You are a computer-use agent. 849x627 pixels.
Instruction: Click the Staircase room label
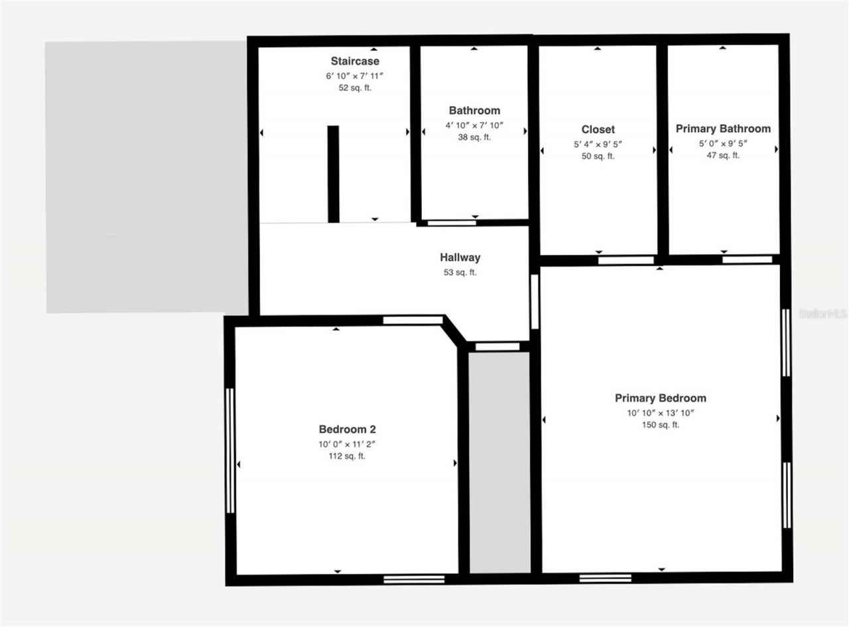click(355, 61)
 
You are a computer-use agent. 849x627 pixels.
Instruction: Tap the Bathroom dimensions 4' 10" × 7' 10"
click(474, 125)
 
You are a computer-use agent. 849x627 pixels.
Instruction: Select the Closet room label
click(598, 129)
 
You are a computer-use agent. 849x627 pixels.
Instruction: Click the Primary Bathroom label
click(723, 129)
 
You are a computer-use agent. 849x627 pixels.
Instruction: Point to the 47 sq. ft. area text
click(723, 155)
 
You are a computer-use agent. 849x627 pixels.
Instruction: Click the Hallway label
click(460, 257)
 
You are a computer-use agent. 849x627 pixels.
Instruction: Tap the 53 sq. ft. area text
click(460, 272)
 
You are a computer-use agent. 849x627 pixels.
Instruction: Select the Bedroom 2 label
click(347, 429)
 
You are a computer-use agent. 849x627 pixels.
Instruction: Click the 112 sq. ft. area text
click(347, 456)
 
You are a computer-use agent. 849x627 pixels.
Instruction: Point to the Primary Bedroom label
click(660, 398)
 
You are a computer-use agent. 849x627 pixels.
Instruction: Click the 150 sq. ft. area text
click(660, 425)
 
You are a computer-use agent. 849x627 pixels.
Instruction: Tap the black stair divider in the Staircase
click(333, 174)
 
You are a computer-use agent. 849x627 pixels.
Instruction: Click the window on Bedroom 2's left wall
click(230, 451)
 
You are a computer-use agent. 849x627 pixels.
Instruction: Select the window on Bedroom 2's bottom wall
click(414, 579)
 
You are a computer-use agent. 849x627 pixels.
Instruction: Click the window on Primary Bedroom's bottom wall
click(605, 578)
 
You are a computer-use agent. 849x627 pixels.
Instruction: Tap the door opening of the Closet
click(625, 260)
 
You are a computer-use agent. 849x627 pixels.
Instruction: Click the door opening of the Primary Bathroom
click(747, 259)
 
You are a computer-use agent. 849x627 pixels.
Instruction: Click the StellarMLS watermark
click(822, 313)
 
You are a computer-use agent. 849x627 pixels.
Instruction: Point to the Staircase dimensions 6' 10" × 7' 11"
click(355, 76)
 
